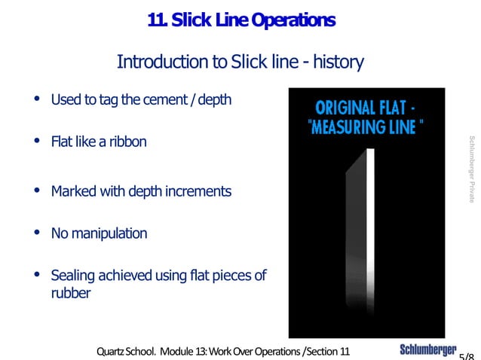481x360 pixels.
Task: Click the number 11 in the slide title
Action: click(x=157, y=20)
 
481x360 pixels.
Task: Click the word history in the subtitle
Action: click(x=338, y=61)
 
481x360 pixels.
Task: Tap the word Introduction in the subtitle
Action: click(x=158, y=61)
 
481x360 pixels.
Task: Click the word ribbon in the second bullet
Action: click(x=127, y=142)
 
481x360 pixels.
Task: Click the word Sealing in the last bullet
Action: click(x=72, y=276)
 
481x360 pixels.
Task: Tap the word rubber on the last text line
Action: click(x=71, y=293)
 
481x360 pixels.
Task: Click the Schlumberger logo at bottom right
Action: click(x=427, y=350)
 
